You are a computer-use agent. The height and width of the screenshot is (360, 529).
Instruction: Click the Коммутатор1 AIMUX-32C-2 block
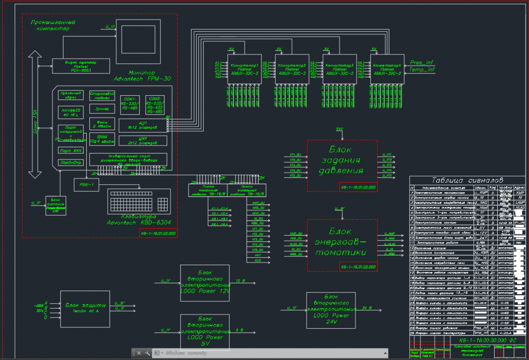pyautogui.click(x=245, y=69)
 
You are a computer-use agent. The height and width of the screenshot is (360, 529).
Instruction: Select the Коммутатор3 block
pyautogui.click(x=340, y=69)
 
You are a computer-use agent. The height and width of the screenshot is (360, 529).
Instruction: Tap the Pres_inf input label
pyautogui.click(x=422, y=62)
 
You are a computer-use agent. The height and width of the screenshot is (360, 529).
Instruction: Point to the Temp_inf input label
pyautogui.click(x=422, y=69)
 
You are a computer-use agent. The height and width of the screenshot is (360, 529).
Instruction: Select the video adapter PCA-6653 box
pyautogui.click(x=81, y=66)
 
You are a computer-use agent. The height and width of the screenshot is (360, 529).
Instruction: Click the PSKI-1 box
pyautogui.click(x=86, y=185)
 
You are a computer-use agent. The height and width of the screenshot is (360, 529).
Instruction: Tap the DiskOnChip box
pyautogui.click(x=71, y=163)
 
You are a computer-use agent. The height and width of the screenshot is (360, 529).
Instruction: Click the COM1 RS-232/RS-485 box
pyautogui.click(x=130, y=103)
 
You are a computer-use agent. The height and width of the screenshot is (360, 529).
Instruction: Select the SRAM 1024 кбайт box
pyautogui.click(x=102, y=139)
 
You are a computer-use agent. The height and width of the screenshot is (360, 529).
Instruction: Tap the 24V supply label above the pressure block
pyautogui.click(x=340, y=129)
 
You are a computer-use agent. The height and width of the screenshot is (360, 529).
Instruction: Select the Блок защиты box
pyautogui.click(x=85, y=307)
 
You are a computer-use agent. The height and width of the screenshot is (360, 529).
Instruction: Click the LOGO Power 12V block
pyautogui.click(x=205, y=283)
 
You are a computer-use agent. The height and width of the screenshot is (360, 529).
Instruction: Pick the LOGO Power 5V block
pyautogui.click(x=205, y=331)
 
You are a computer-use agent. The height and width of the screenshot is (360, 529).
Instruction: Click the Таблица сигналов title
pyautogui.click(x=463, y=180)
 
